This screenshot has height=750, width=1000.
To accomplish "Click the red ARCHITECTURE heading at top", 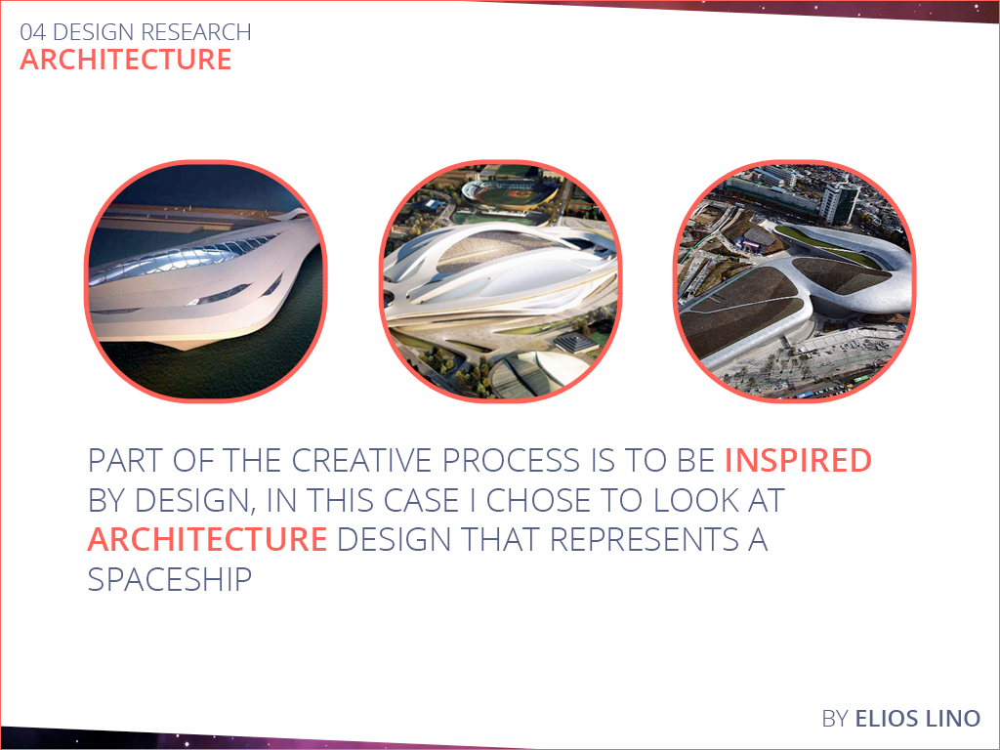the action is pos(126,60).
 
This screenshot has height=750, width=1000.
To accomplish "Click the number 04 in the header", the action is pos(32,32).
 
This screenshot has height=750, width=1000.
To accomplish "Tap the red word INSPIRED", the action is pos(798,461).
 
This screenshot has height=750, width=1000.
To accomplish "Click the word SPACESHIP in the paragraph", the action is pos(170,579).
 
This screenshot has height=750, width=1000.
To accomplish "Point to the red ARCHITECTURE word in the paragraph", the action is pos(207,539).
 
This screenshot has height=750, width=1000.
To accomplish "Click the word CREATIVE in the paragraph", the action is pos(361,461).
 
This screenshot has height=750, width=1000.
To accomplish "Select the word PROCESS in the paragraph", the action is pos(510,461).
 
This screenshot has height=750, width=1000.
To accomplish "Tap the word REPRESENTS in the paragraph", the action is pos(641,539).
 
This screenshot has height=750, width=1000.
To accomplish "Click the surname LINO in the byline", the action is pos(954,718).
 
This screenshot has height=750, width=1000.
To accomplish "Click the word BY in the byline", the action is pos(835,718).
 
